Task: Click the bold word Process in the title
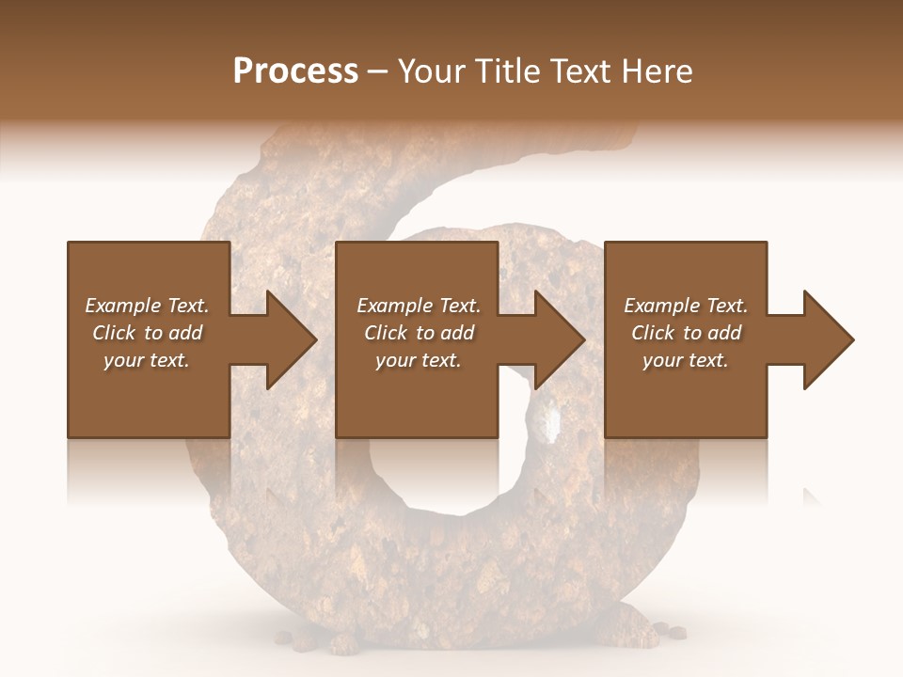pos(295,71)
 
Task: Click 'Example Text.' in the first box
pos(147,306)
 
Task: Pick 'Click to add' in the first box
pos(147,333)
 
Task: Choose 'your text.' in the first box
pos(147,360)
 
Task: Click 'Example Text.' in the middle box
pos(419,306)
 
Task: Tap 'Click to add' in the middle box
pos(419,333)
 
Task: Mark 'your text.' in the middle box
pos(419,360)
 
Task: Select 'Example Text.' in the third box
pos(686,306)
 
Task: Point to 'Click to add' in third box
pos(686,333)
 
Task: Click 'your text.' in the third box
pos(686,360)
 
